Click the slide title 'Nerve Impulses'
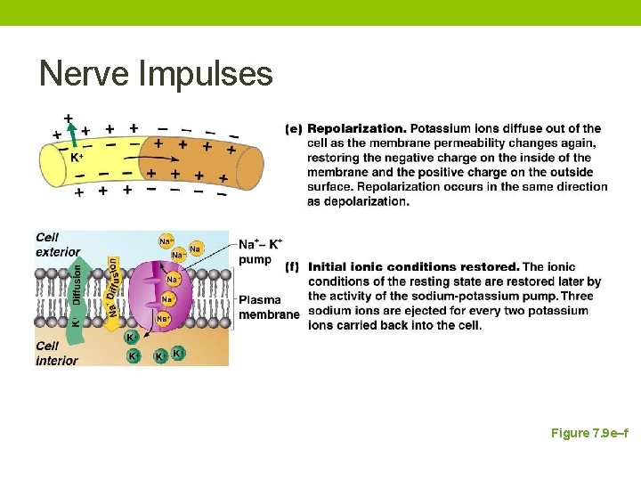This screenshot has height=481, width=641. point(156,73)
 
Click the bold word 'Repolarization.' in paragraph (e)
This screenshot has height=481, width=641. point(357,129)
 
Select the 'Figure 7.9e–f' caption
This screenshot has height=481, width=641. point(589,433)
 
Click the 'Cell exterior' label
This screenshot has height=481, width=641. point(58,244)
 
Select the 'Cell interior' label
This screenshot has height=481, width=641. point(57,353)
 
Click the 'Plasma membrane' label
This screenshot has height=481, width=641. point(268,307)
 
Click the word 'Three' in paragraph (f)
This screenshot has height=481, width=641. point(577,296)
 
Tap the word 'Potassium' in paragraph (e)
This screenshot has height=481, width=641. point(440,129)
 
